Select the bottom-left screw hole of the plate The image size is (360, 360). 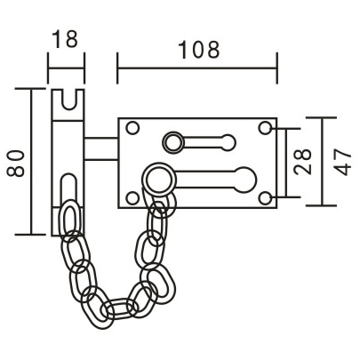click(132, 196)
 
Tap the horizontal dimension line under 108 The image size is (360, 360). click(196, 65)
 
